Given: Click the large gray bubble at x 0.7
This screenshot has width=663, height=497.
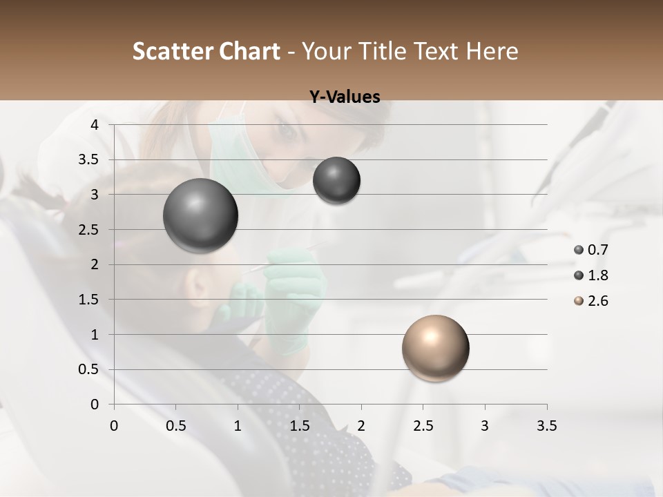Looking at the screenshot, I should click(201, 216).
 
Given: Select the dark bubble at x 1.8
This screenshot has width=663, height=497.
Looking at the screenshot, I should click(336, 181).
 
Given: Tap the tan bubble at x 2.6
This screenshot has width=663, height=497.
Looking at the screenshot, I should click(435, 348).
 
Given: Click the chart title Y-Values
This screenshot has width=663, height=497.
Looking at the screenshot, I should click(345, 97).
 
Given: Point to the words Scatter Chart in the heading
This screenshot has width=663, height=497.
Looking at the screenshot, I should click(206, 51).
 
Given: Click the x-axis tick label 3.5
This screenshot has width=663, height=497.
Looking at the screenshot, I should click(546, 426).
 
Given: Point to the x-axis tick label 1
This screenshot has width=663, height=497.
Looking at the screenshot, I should click(238, 426).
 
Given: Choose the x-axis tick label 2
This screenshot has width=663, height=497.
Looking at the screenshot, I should click(361, 426).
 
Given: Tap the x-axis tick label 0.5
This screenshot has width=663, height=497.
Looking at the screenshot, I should click(176, 426).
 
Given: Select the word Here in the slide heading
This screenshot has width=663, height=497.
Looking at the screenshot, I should click(492, 51).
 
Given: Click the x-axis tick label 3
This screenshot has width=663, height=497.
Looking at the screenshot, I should click(485, 426).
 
